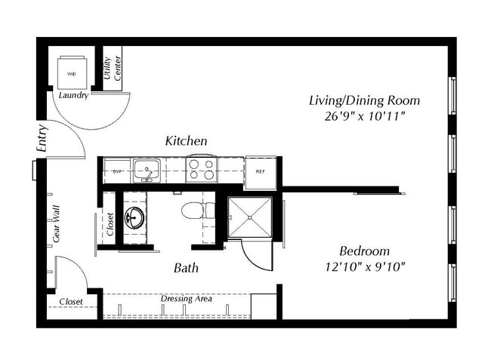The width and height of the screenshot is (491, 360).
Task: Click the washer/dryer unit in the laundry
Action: click(73, 72)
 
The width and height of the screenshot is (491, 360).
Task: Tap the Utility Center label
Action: click(113, 69)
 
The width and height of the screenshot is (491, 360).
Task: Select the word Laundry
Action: click(73, 96)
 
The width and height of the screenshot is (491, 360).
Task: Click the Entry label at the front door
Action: click(42, 139)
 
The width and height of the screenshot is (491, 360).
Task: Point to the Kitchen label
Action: click(186, 141)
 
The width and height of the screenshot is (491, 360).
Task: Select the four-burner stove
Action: click(202, 169)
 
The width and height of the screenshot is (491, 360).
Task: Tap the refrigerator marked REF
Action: click(261, 171)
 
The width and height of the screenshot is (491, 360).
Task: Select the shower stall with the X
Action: click(250, 217)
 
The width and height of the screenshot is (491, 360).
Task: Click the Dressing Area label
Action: click(186, 299)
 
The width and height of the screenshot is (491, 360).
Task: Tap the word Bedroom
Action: click(364, 251)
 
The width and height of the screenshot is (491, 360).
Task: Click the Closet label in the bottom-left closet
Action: click(71, 302)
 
